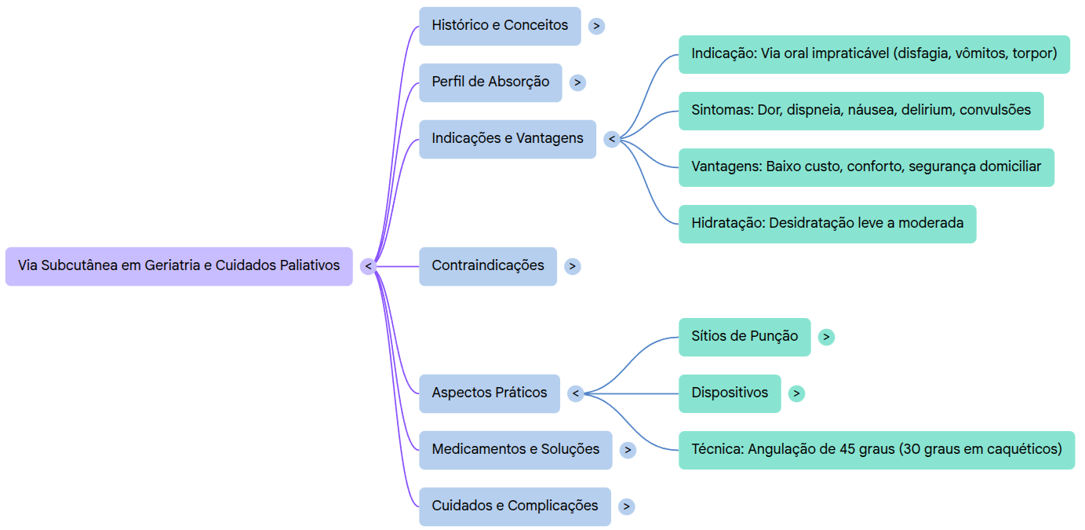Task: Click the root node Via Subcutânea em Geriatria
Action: [x=179, y=266]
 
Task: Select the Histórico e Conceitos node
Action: [x=500, y=26]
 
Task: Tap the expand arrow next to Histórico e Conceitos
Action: [x=596, y=26]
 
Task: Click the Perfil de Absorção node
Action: [x=490, y=82]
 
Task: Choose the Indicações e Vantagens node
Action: [x=507, y=139]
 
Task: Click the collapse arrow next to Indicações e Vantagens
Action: [x=612, y=140]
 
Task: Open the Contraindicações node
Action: [x=487, y=266]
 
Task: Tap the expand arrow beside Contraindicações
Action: [x=573, y=266]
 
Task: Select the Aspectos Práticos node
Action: [x=489, y=393]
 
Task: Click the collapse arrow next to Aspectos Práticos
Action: [x=576, y=393]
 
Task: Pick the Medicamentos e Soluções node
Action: [x=515, y=450]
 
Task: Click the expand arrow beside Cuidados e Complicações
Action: [x=626, y=506]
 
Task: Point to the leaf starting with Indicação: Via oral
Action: [x=874, y=54]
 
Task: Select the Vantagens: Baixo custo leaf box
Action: [x=866, y=167]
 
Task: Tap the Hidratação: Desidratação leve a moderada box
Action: [x=827, y=224]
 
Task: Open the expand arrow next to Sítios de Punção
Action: [x=826, y=337]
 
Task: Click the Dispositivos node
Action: [x=730, y=393]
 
